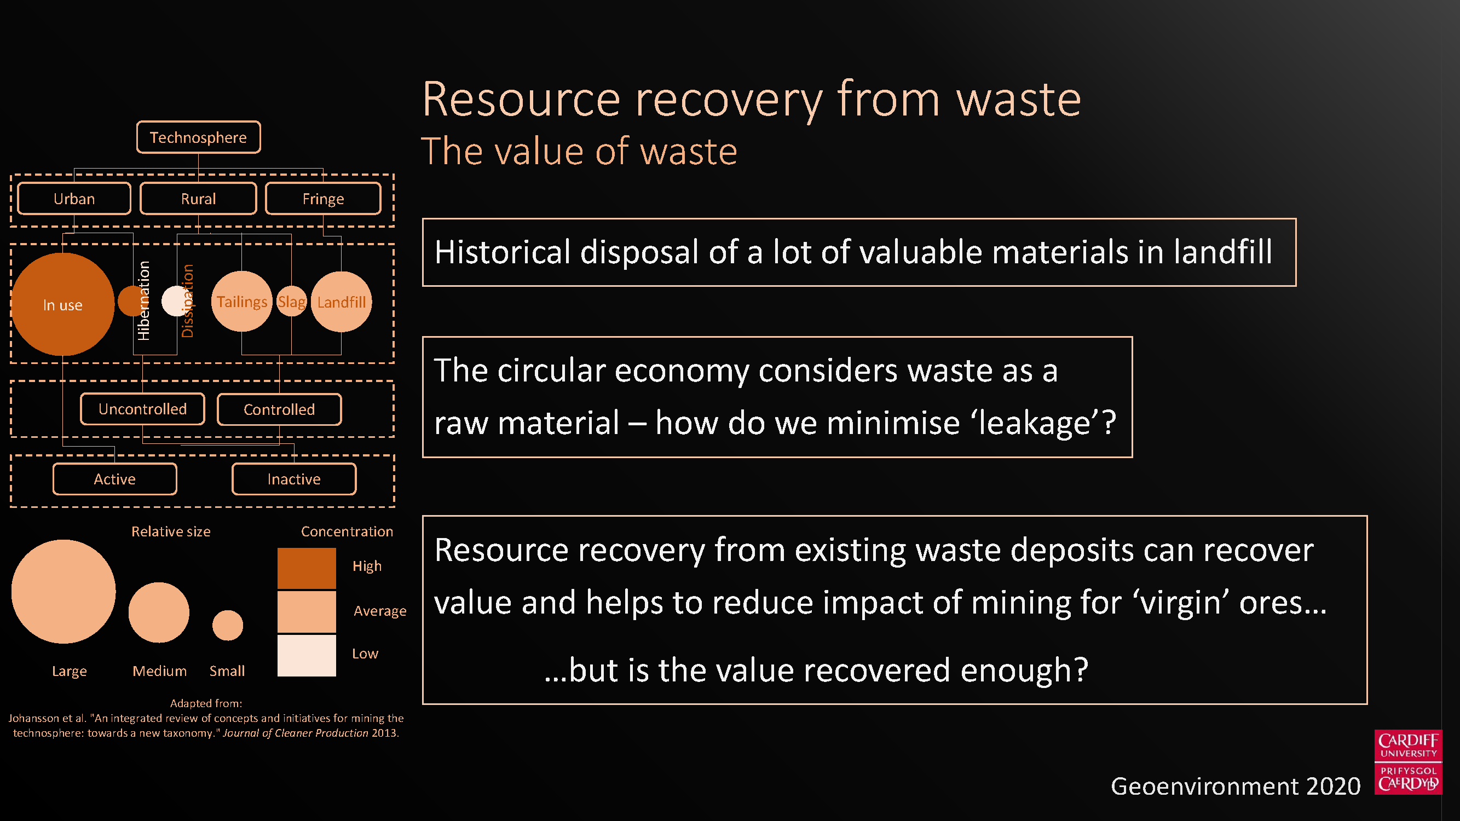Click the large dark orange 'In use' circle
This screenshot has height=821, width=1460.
(62, 304)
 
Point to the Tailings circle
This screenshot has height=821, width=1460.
(242, 302)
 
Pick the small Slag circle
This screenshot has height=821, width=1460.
(291, 302)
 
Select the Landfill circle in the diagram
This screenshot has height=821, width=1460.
(341, 302)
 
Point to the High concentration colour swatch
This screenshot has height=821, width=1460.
(307, 568)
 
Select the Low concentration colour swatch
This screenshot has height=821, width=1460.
(307, 656)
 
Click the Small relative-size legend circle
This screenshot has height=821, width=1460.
(228, 625)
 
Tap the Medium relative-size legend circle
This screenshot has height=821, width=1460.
(159, 612)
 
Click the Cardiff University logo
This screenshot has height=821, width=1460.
(1409, 762)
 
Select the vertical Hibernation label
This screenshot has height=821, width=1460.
(144, 301)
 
